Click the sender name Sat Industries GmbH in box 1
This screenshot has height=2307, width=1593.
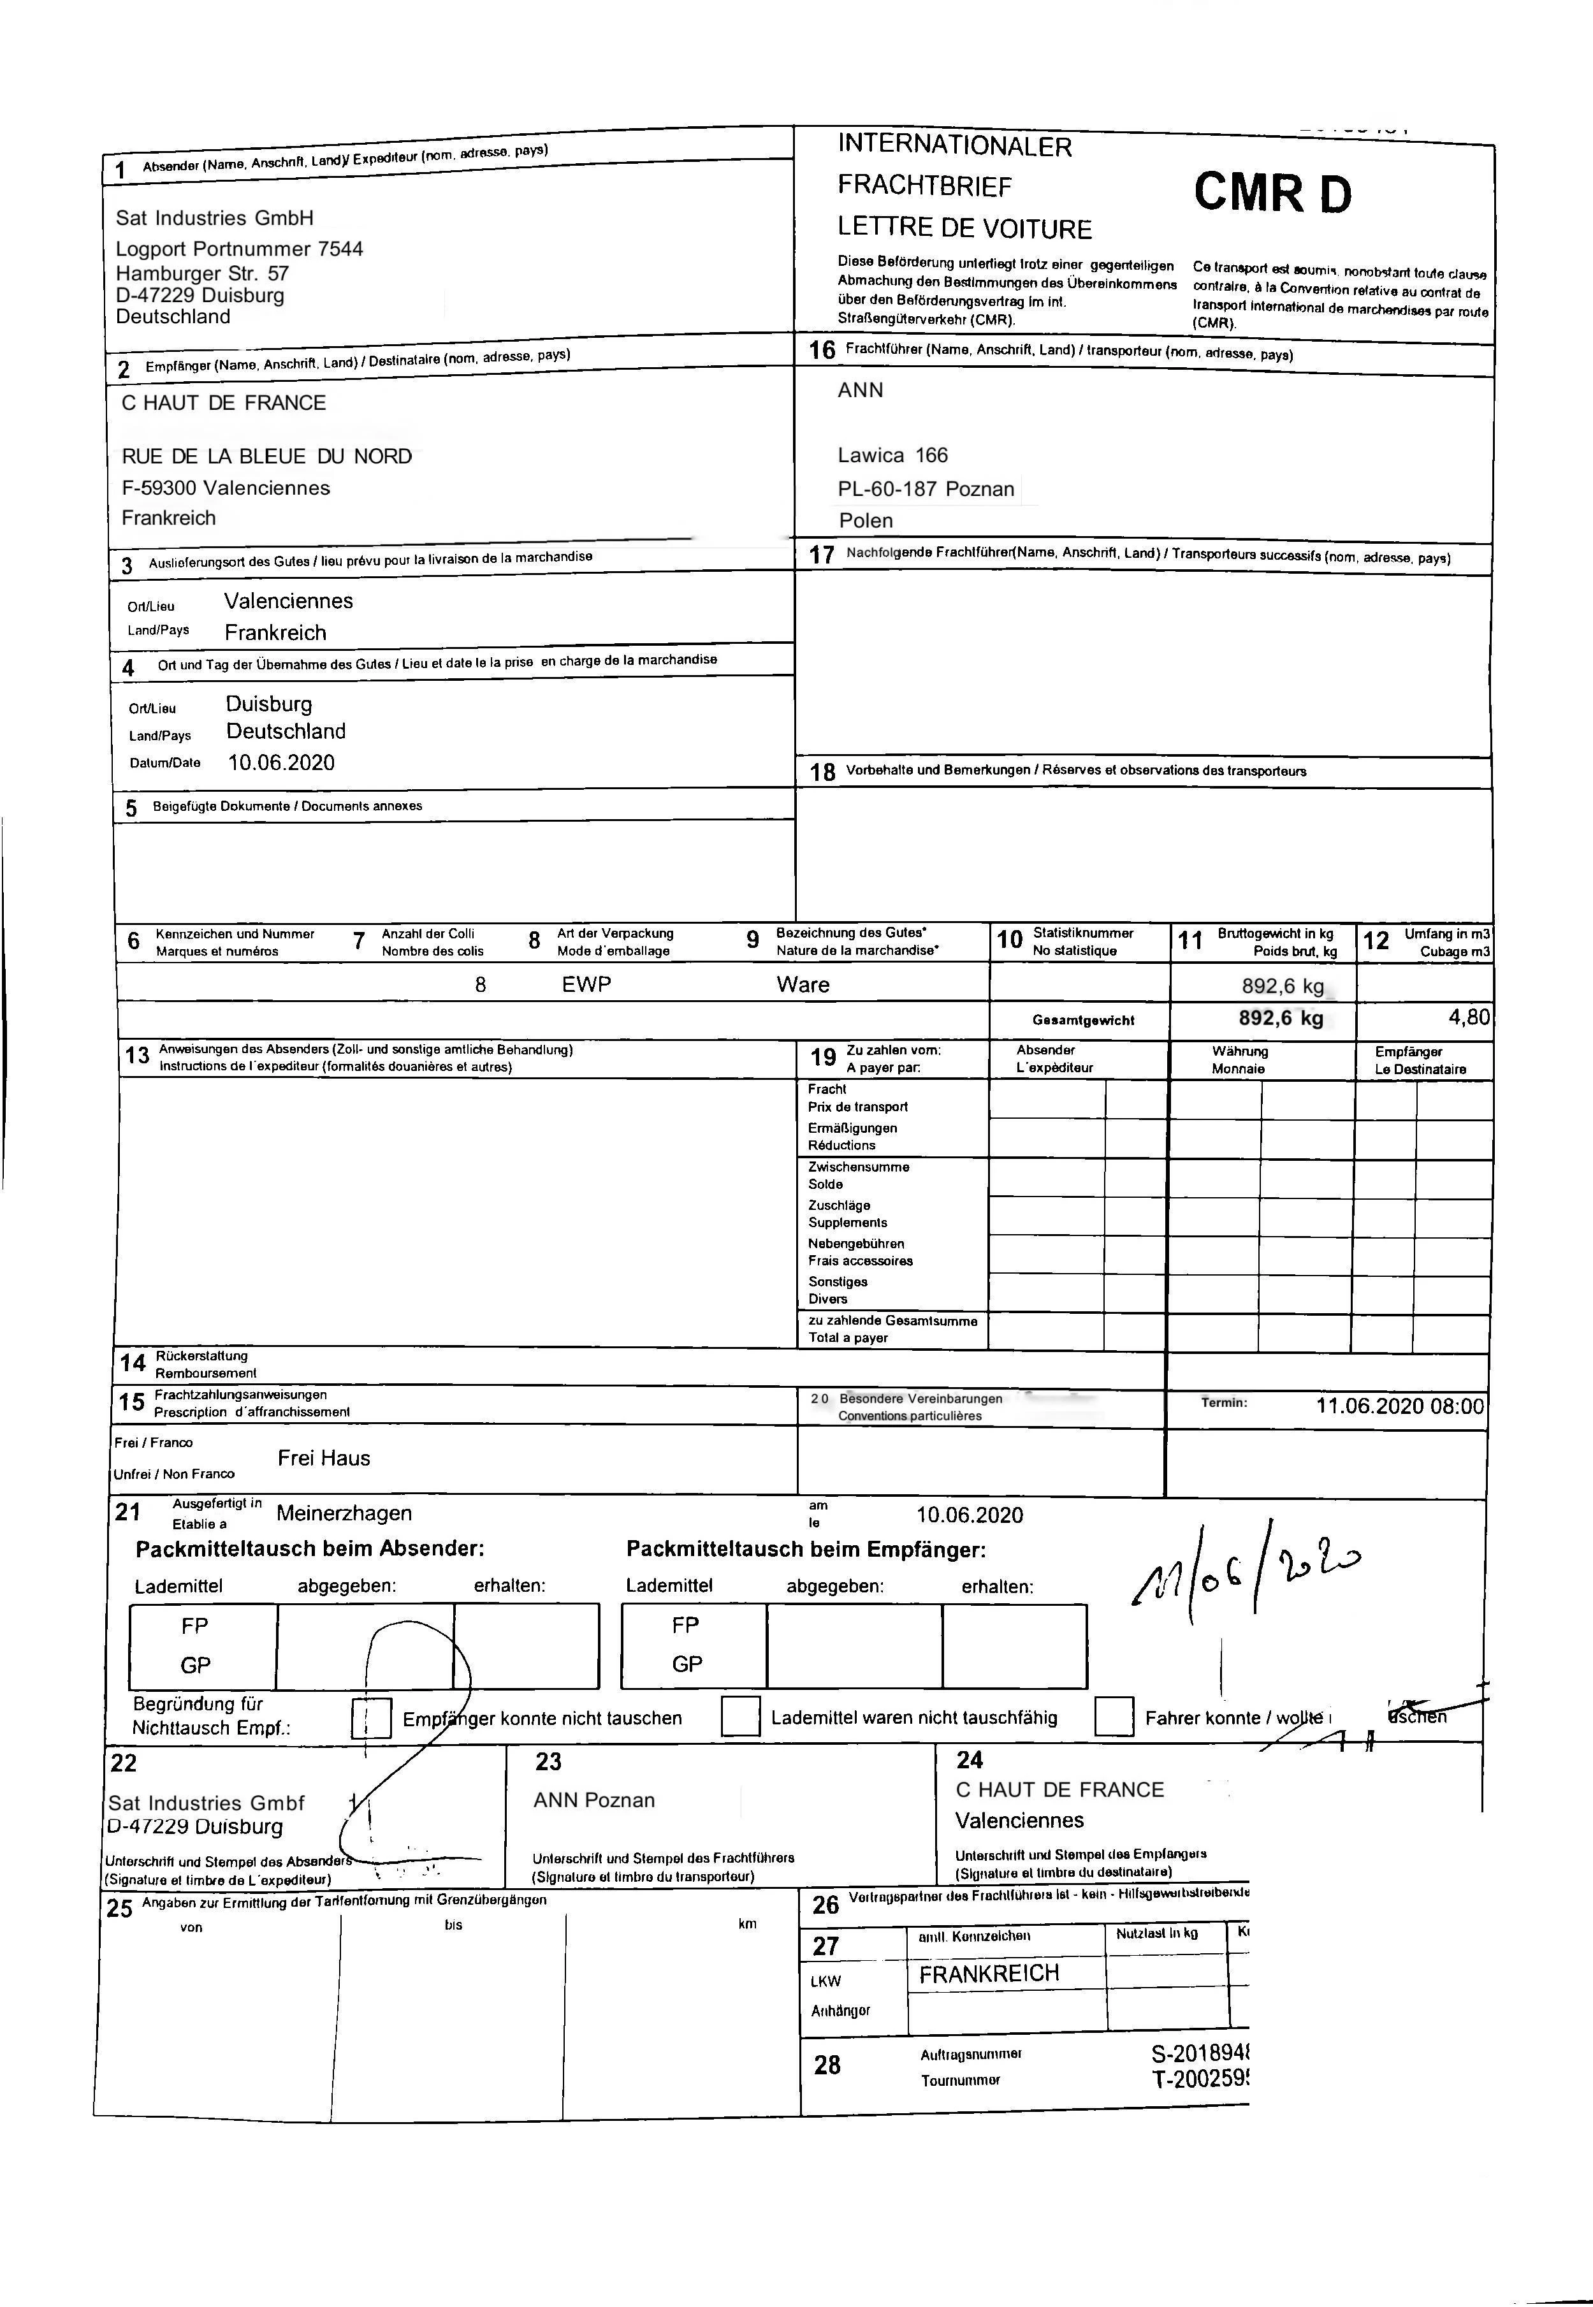pyautogui.click(x=215, y=217)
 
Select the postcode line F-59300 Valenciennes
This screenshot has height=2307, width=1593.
pyautogui.click(x=226, y=488)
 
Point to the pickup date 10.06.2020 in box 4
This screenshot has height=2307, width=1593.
pyautogui.click(x=282, y=762)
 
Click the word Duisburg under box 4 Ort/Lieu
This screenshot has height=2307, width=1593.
pyautogui.click(x=268, y=704)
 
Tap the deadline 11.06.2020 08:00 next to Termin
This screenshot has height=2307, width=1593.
pyautogui.click(x=1399, y=1406)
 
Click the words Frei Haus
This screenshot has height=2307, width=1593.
pyautogui.click(x=323, y=1458)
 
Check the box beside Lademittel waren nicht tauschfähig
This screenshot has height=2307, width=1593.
pyautogui.click(x=741, y=1716)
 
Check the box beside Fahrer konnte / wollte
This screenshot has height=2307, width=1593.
pyautogui.click(x=1114, y=1716)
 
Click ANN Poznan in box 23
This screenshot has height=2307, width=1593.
pyautogui.click(x=594, y=1800)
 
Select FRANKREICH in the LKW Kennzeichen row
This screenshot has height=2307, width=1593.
pyautogui.click(x=988, y=1973)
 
